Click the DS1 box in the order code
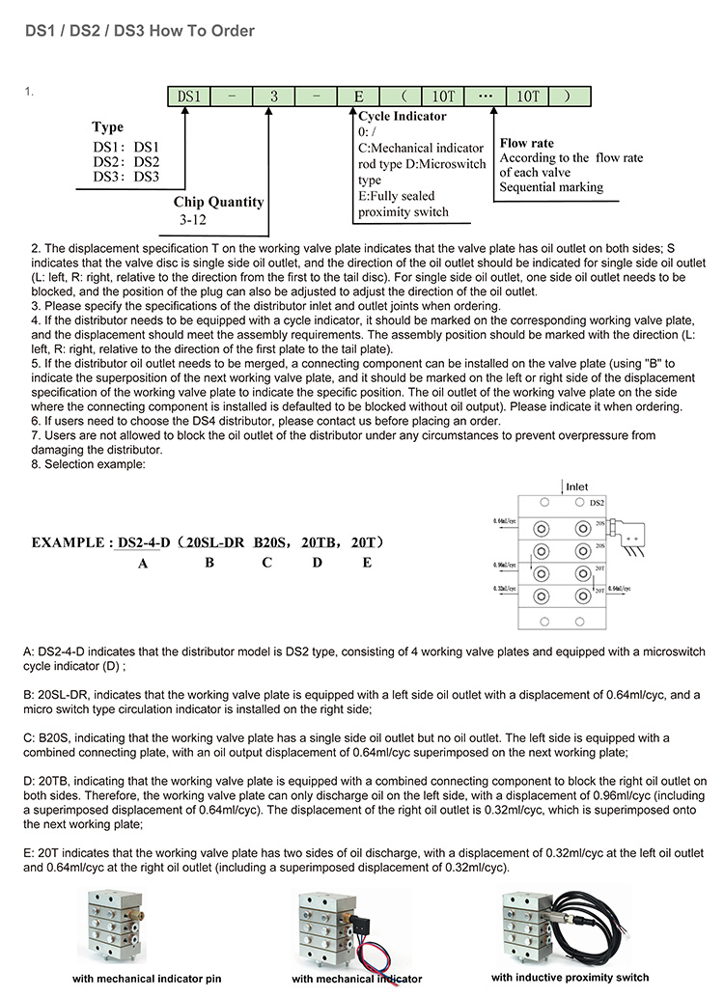[190, 97]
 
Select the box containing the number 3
[274, 97]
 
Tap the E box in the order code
[358, 97]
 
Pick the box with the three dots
[486, 97]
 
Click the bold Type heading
[107, 127]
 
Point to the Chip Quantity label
[218, 202]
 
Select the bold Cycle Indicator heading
[403, 116]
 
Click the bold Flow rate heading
[527, 143]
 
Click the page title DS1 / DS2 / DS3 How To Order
[140, 31]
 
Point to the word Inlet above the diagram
[576, 487]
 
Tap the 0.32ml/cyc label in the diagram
[506, 588]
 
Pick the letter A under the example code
[143, 563]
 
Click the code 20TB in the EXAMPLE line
[318, 542]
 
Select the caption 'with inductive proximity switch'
[570, 977]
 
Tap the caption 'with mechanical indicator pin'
[148, 978]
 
